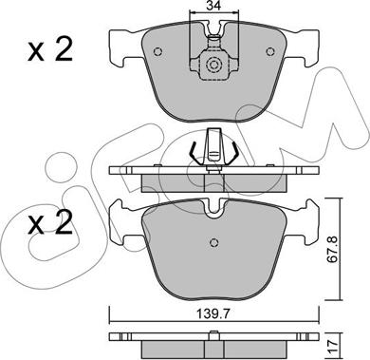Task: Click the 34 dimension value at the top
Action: coord(213,6)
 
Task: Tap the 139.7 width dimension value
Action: coord(214,314)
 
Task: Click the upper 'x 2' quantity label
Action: coord(50,49)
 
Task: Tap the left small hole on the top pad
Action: coord(157,51)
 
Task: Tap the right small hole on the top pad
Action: coord(269,51)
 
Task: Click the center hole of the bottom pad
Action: coord(214,242)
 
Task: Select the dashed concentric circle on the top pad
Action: coord(214,66)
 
